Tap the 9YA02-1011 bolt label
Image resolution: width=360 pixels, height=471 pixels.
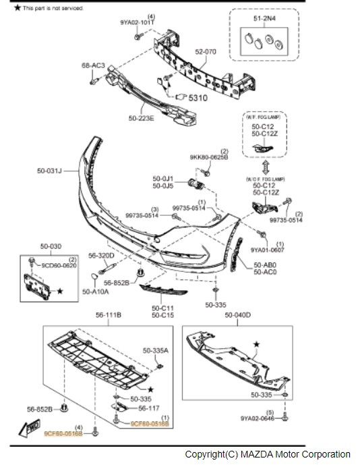tap(138, 22)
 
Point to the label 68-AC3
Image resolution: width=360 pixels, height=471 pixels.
tap(94, 65)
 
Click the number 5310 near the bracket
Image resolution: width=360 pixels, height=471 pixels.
tap(198, 98)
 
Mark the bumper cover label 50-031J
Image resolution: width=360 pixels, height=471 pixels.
tap(50, 171)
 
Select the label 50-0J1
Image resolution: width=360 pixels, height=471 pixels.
tap(163, 178)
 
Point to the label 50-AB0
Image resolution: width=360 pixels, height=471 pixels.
tap(266, 265)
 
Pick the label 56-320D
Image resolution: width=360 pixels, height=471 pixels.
tap(101, 256)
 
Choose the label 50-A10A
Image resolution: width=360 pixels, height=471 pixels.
tap(96, 292)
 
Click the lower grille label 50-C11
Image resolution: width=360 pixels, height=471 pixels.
tap(162, 308)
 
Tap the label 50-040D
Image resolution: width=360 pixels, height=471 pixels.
tap(237, 315)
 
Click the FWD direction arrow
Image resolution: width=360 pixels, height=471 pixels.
tap(29, 426)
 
